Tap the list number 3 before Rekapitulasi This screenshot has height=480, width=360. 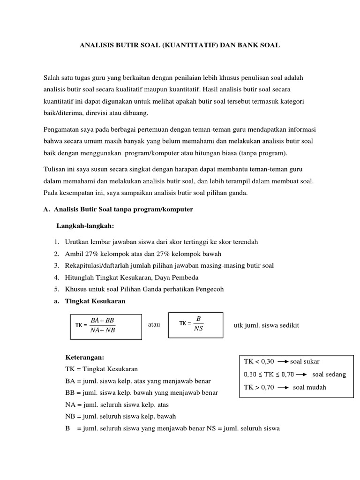(56, 265)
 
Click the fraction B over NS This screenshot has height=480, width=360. (198, 323)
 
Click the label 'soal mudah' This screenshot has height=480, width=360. (310, 387)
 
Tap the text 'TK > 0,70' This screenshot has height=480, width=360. (258, 387)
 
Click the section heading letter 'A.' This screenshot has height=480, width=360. (46, 210)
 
